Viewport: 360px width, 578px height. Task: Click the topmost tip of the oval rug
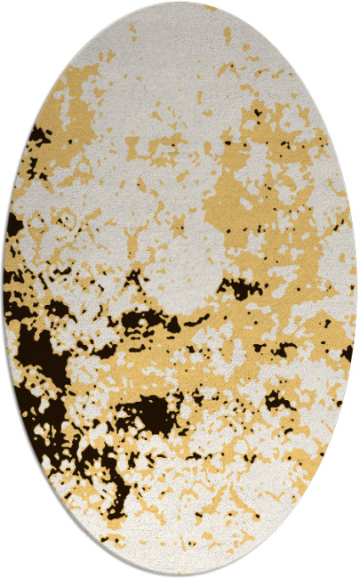pos(180,3)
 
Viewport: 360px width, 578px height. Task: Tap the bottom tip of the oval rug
pos(180,575)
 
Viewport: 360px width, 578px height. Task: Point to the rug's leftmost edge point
pos(3,289)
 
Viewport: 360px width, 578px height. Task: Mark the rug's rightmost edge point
pos(357,289)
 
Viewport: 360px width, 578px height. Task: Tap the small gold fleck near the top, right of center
pos(227,36)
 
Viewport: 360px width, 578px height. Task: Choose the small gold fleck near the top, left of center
pos(132,34)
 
